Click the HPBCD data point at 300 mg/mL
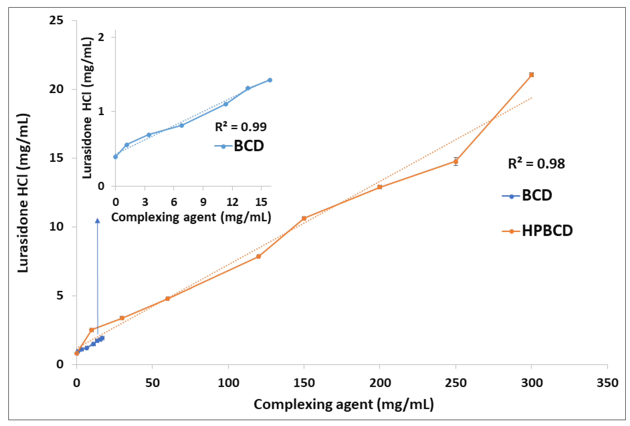point(531,75)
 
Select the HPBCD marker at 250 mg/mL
point(456,161)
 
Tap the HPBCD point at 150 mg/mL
point(304,218)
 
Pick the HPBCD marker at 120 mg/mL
point(258,256)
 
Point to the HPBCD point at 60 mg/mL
point(167,299)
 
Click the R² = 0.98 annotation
point(536,164)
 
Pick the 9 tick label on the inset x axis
point(203,202)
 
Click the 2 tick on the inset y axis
point(101,37)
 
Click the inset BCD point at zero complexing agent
point(116,157)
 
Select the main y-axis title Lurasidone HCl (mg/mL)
point(23,193)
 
